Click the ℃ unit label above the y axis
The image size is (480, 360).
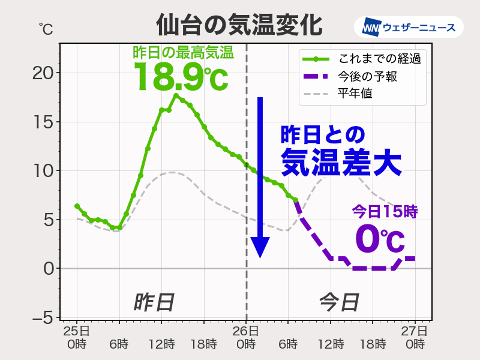pos(46,28)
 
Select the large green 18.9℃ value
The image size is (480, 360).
pos(181,77)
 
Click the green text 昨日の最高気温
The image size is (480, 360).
pos(183,52)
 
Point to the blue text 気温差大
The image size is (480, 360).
pos(341,161)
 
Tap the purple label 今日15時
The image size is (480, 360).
pos(384,211)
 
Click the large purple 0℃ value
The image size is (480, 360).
pos(380,238)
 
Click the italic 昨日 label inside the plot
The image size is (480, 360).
pos(154,302)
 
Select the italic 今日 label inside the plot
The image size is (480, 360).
pos(338,302)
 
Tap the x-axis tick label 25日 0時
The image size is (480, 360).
pos(77,338)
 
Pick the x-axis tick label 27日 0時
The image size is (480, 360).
pos(415,338)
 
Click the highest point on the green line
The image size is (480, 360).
pos(176,95)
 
